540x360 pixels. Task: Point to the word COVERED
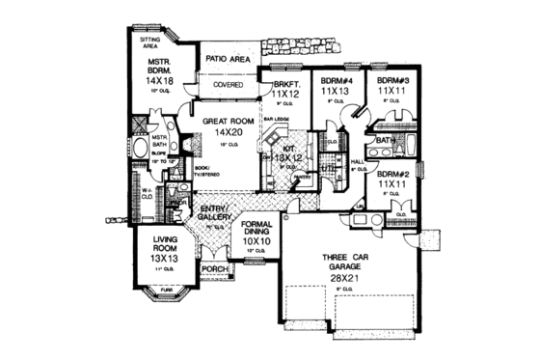[228, 85]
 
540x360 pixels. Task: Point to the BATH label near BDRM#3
[384, 141]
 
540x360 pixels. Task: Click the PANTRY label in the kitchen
[302, 178]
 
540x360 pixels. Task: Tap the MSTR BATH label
[159, 143]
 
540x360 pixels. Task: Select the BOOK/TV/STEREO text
[205, 175]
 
